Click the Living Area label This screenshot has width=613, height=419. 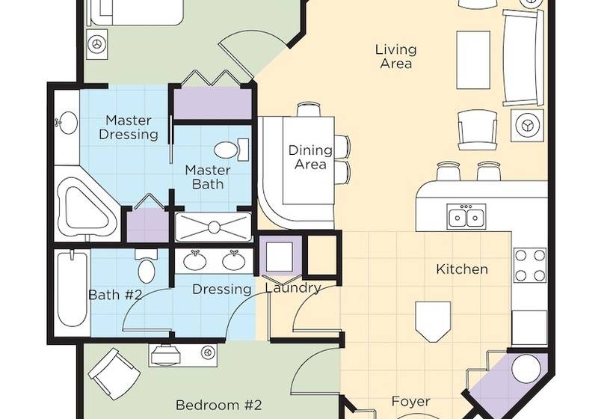(395, 57)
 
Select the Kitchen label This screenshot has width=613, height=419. (462, 269)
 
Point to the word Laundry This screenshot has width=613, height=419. (292, 288)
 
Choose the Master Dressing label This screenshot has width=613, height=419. (129, 127)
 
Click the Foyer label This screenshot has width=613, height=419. (410, 401)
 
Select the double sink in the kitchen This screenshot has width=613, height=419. (466, 218)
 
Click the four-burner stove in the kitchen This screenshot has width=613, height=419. (530, 264)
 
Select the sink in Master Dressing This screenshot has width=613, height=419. (67, 123)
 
